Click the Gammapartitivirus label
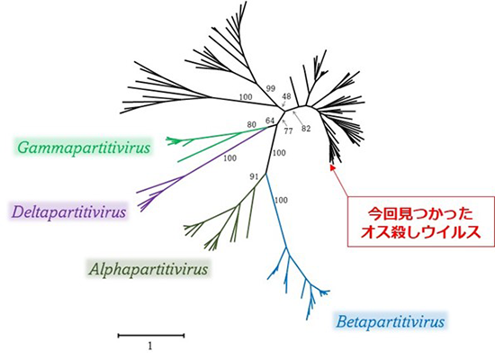click(84, 148)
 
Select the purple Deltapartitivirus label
click(68, 211)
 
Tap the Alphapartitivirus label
click(148, 269)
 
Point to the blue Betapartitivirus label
click(391, 322)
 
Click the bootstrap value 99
click(270, 88)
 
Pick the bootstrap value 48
click(286, 96)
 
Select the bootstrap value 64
click(270, 121)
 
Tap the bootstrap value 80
click(251, 125)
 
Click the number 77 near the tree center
click(288, 130)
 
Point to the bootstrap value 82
click(306, 129)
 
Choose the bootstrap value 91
click(254, 176)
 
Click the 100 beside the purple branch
click(229, 157)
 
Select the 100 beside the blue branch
click(281, 200)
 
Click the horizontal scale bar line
click(151, 336)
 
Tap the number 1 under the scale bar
click(150, 346)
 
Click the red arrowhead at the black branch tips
click(332, 167)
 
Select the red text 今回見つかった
click(420, 214)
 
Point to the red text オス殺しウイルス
click(420, 232)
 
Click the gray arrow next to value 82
click(297, 117)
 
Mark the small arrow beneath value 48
click(283, 103)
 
